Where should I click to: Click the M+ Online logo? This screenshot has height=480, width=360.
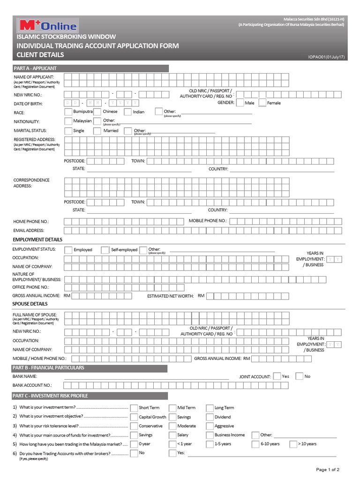47,25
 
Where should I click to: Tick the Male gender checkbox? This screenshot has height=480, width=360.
240,103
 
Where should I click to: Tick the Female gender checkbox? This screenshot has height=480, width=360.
262,103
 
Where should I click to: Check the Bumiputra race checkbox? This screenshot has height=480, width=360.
68,112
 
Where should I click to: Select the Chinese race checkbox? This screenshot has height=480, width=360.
97,112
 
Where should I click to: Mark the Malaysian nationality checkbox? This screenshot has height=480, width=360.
68,121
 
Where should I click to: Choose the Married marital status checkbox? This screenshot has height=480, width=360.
97,131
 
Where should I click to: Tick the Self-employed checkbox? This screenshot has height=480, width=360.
105,250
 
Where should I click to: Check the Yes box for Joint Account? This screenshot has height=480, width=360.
277,376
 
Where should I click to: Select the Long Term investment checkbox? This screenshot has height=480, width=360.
210,408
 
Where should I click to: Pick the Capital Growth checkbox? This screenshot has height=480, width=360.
134,417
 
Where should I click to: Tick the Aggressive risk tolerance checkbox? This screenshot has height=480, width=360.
210,426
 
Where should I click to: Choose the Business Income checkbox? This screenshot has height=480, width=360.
210,435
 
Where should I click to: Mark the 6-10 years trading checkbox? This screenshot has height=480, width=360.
255,444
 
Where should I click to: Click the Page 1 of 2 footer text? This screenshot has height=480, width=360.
328,469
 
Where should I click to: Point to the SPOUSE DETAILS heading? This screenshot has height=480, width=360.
30,304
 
